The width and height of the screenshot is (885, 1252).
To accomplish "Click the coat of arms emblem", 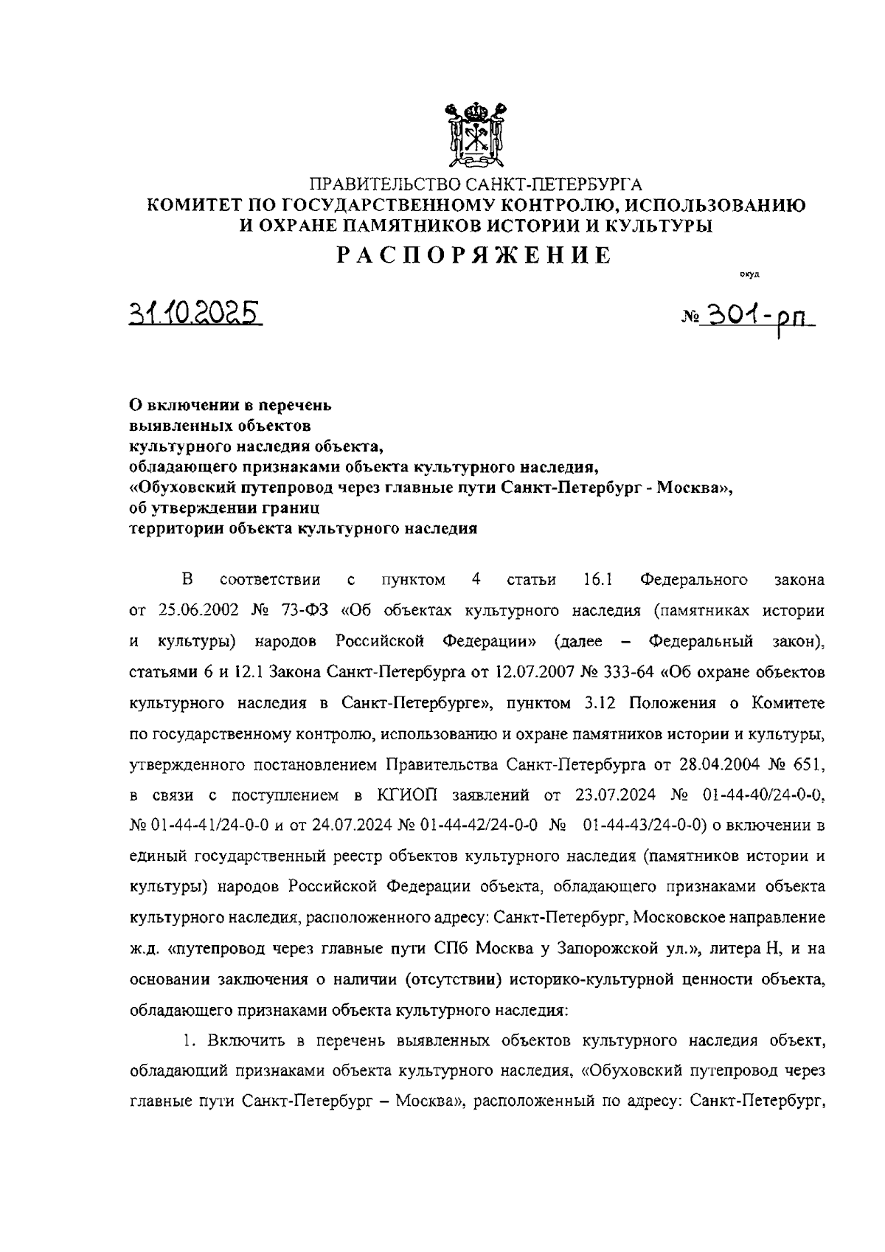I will (475, 134).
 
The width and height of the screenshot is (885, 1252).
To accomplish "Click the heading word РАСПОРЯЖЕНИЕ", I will (475, 255).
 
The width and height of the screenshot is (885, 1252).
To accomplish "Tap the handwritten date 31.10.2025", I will (195, 314).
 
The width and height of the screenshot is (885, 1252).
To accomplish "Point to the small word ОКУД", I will (749, 275).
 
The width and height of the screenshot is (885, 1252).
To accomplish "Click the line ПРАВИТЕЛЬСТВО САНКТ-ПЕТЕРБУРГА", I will (475, 184).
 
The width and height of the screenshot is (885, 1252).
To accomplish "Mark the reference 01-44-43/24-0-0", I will (645, 825).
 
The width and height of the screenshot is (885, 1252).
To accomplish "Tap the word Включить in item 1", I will (250, 1040).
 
